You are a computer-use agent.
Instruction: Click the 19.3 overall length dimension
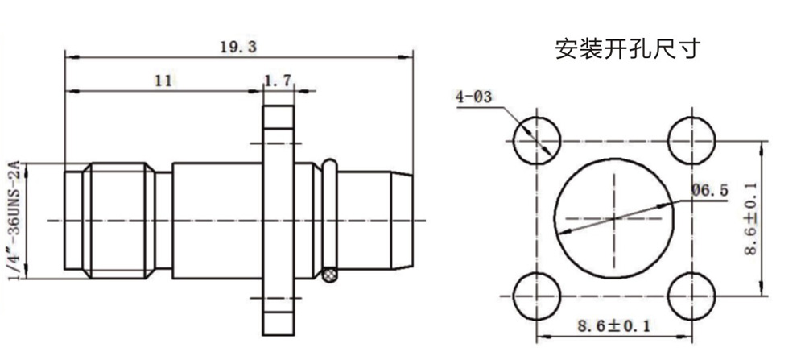[238, 48]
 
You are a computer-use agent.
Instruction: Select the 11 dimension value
[163, 81]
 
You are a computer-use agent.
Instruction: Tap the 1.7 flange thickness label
[278, 81]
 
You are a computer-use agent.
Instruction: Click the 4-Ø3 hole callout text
[474, 97]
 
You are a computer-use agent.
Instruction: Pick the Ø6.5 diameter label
[709, 191]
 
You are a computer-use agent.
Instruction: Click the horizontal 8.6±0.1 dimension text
[613, 325]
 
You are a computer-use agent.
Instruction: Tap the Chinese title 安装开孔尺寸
[627, 49]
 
